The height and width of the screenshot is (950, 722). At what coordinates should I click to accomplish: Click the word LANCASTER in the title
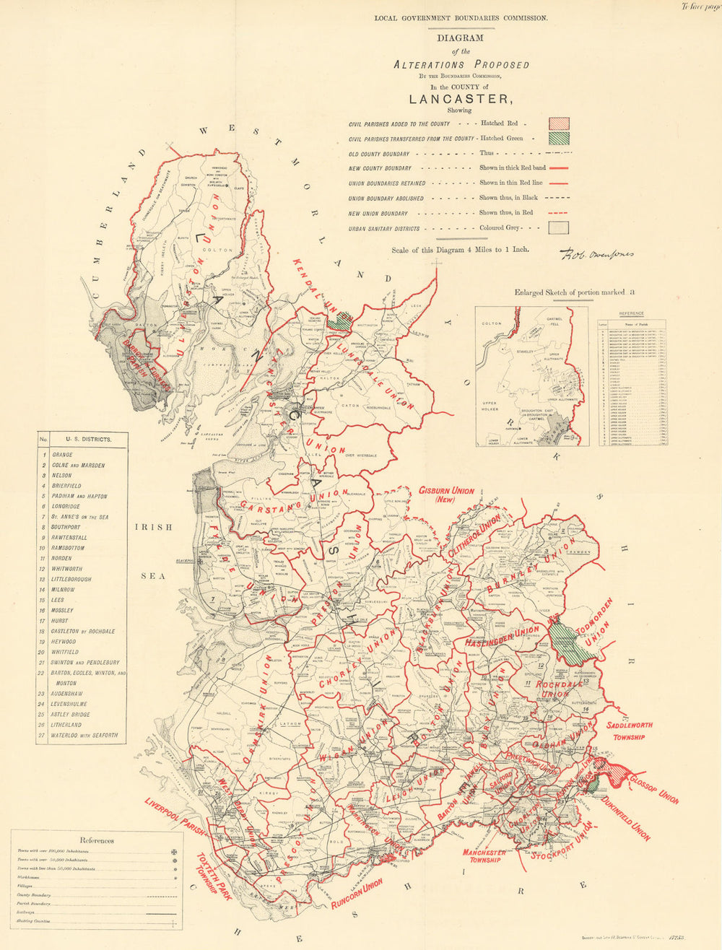pyautogui.click(x=461, y=100)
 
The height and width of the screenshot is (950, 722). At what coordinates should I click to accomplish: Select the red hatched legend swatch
pyautogui.click(x=560, y=123)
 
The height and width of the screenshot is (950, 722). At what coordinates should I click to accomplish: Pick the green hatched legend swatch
pyautogui.click(x=560, y=138)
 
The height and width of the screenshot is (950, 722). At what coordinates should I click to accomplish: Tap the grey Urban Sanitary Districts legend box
pyautogui.click(x=560, y=227)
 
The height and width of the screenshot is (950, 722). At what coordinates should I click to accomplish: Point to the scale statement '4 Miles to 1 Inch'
pyautogui.click(x=460, y=250)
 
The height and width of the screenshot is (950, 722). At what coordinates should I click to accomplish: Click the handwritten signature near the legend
pyautogui.click(x=596, y=254)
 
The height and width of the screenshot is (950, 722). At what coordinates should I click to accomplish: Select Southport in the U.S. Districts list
pyautogui.click(x=66, y=528)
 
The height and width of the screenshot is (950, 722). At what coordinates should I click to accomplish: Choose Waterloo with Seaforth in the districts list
pyautogui.click(x=84, y=735)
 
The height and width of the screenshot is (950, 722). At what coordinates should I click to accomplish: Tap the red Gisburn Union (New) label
pyautogui.click(x=445, y=494)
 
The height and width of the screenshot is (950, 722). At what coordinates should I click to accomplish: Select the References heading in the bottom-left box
pyautogui.click(x=96, y=840)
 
